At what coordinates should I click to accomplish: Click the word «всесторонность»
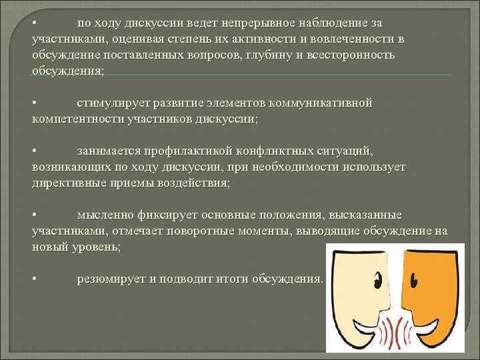pyautogui.click(x=349, y=55)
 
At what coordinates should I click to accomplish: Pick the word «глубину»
pyautogui.click(x=267, y=55)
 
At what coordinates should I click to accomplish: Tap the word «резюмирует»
pyautogui.click(x=110, y=279)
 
